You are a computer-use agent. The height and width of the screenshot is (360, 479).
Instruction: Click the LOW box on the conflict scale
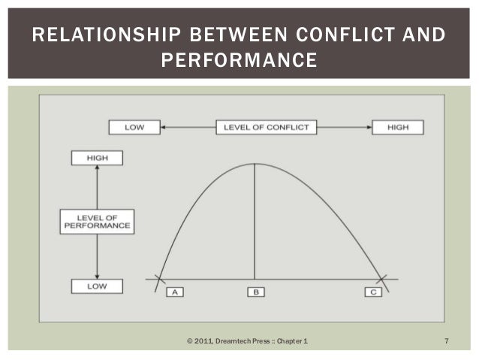click(x=134, y=127)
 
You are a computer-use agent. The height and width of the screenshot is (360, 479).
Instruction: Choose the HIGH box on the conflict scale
click(x=397, y=127)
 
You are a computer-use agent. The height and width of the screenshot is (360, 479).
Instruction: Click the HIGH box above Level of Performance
click(x=96, y=158)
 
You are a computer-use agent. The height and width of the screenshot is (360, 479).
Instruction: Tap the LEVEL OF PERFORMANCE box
click(x=96, y=222)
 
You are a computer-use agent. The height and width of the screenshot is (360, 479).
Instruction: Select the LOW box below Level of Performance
click(x=96, y=286)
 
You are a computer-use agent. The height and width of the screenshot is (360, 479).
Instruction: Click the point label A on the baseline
click(x=175, y=292)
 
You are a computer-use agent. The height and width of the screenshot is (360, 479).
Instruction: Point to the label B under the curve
click(x=255, y=292)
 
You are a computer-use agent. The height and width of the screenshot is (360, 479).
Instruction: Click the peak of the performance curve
click(x=255, y=163)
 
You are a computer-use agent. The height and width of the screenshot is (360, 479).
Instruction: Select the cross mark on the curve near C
click(x=383, y=279)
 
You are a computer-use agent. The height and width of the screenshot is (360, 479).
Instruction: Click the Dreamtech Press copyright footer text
click(x=247, y=343)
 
